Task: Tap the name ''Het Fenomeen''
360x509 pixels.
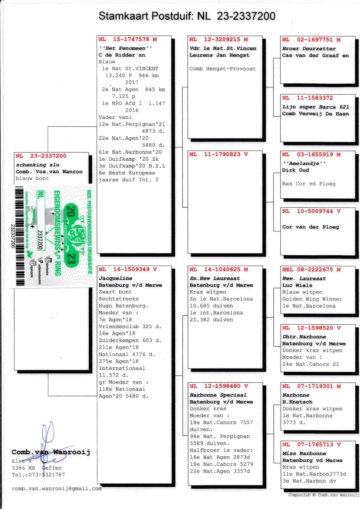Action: coord(125,48)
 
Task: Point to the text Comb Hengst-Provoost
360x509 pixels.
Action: coord(223,69)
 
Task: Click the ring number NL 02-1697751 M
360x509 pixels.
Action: coord(312,40)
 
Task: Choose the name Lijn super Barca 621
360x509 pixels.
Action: coord(316,107)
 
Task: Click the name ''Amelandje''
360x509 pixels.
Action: coord(304,163)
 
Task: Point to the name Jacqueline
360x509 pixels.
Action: coord(116,278)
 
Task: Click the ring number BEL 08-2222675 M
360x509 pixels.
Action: coord(312,269)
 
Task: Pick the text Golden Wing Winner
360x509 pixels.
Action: coord(312,299)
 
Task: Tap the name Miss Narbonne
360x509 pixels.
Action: coord(304,454)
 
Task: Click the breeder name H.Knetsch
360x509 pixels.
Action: coord(297,402)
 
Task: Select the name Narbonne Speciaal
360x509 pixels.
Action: coord(218,395)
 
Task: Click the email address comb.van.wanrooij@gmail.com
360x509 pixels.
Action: coord(57,488)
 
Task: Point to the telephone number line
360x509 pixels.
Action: coord(38,475)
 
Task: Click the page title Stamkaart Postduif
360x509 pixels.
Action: coord(145,16)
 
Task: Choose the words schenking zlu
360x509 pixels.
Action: coord(38,165)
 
